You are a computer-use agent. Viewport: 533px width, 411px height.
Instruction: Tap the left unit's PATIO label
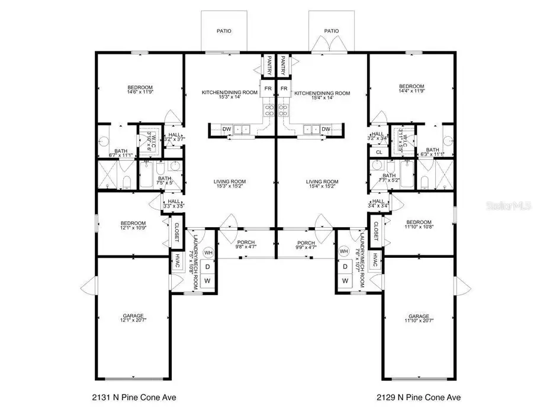(223, 31)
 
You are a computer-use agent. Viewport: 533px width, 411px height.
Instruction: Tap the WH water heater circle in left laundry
(208, 252)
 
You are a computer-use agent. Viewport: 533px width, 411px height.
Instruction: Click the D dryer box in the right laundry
(344, 267)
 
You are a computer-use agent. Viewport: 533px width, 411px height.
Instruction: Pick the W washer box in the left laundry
(208, 281)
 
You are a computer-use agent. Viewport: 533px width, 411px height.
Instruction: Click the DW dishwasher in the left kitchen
(227, 129)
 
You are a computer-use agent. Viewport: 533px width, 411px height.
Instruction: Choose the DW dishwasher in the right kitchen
(326, 129)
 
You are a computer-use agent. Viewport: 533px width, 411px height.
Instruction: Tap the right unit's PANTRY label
(284, 64)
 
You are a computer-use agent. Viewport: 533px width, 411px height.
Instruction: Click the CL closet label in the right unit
(379, 151)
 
